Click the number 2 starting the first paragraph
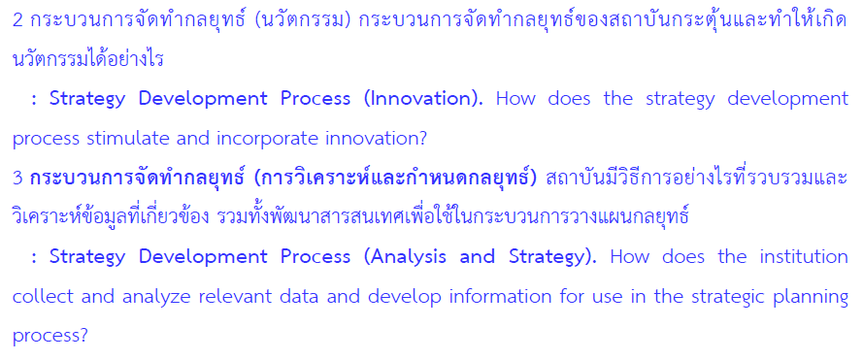tap(17, 20)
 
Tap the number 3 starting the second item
tap(17, 179)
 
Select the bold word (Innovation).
tap(422, 99)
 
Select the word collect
tap(43, 297)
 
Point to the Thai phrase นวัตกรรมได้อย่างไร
tap(88, 59)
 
